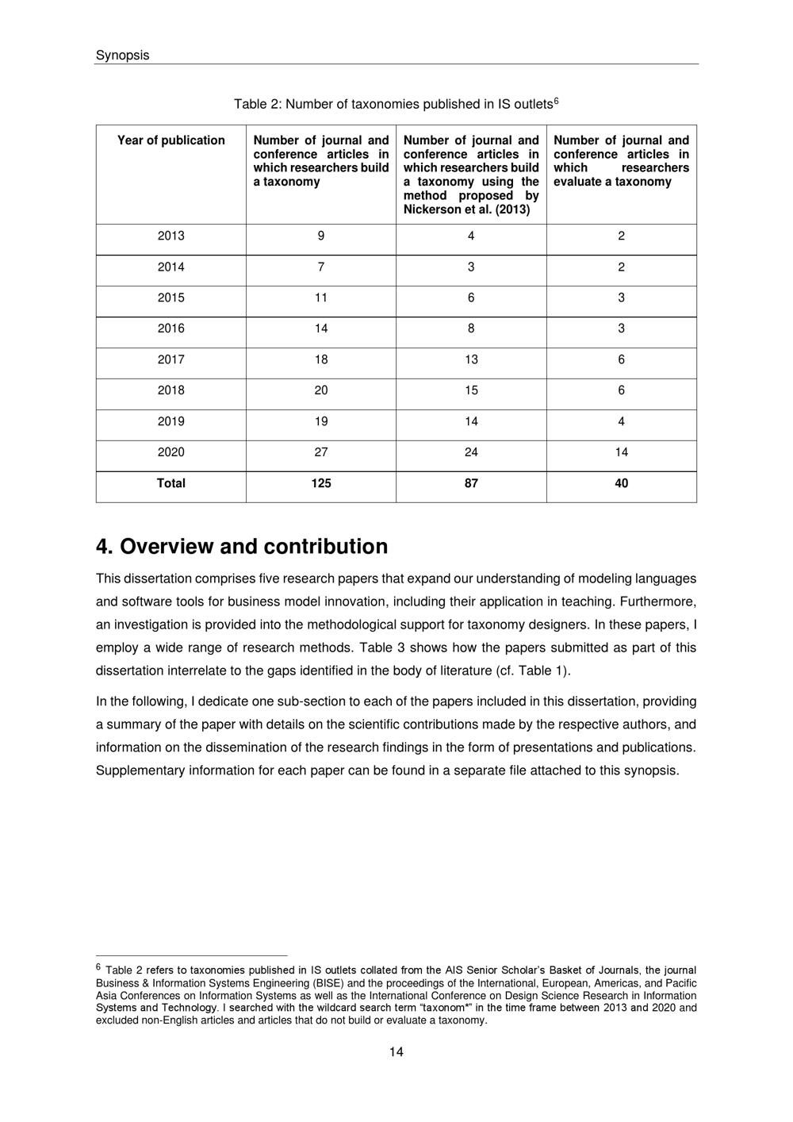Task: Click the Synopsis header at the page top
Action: pos(122,56)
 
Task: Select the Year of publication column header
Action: pos(171,140)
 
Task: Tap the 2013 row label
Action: pos(171,236)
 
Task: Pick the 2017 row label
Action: pos(171,359)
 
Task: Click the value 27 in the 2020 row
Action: pos(321,452)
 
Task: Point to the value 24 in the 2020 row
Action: pos(471,452)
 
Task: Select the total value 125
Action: pos(321,483)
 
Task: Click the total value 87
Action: pos(471,483)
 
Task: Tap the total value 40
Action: pos(621,483)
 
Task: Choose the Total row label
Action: pos(171,483)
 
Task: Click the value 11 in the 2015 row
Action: pos(321,298)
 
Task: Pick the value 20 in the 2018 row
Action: pos(321,390)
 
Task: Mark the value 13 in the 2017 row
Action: pos(471,359)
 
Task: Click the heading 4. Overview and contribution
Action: pos(242,547)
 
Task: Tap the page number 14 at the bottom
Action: pos(396,1052)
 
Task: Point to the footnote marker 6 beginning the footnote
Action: pos(98,967)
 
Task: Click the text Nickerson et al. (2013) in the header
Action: pos(466,209)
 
